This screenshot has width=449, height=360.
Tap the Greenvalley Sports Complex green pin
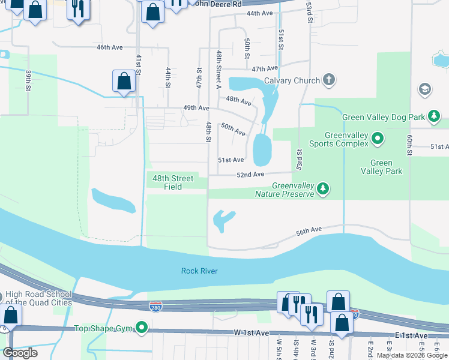pyautogui.click(x=377, y=139)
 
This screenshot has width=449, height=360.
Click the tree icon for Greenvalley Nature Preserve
pyautogui.click(x=324, y=190)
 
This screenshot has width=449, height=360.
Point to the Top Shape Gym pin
pyautogui.click(x=142, y=328)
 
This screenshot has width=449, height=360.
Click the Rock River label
pyautogui.click(x=199, y=271)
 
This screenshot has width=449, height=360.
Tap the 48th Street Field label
pyautogui.click(x=173, y=182)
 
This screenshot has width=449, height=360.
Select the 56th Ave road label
pyautogui.click(x=309, y=229)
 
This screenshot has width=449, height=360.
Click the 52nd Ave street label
pyautogui.click(x=250, y=174)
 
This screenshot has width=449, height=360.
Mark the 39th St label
pyautogui.click(x=28, y=80)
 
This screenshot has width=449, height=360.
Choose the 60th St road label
pyautogui.click(x=409, y=145)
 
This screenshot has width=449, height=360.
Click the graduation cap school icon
pyautogui.click(x=424, y=89)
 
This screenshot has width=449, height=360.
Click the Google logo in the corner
pyautogui.click(x=20, y=353)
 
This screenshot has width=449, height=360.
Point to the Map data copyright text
pyautogui.click(x=412, y=355)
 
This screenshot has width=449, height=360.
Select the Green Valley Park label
pyautogui.click(x=381, y=167)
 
